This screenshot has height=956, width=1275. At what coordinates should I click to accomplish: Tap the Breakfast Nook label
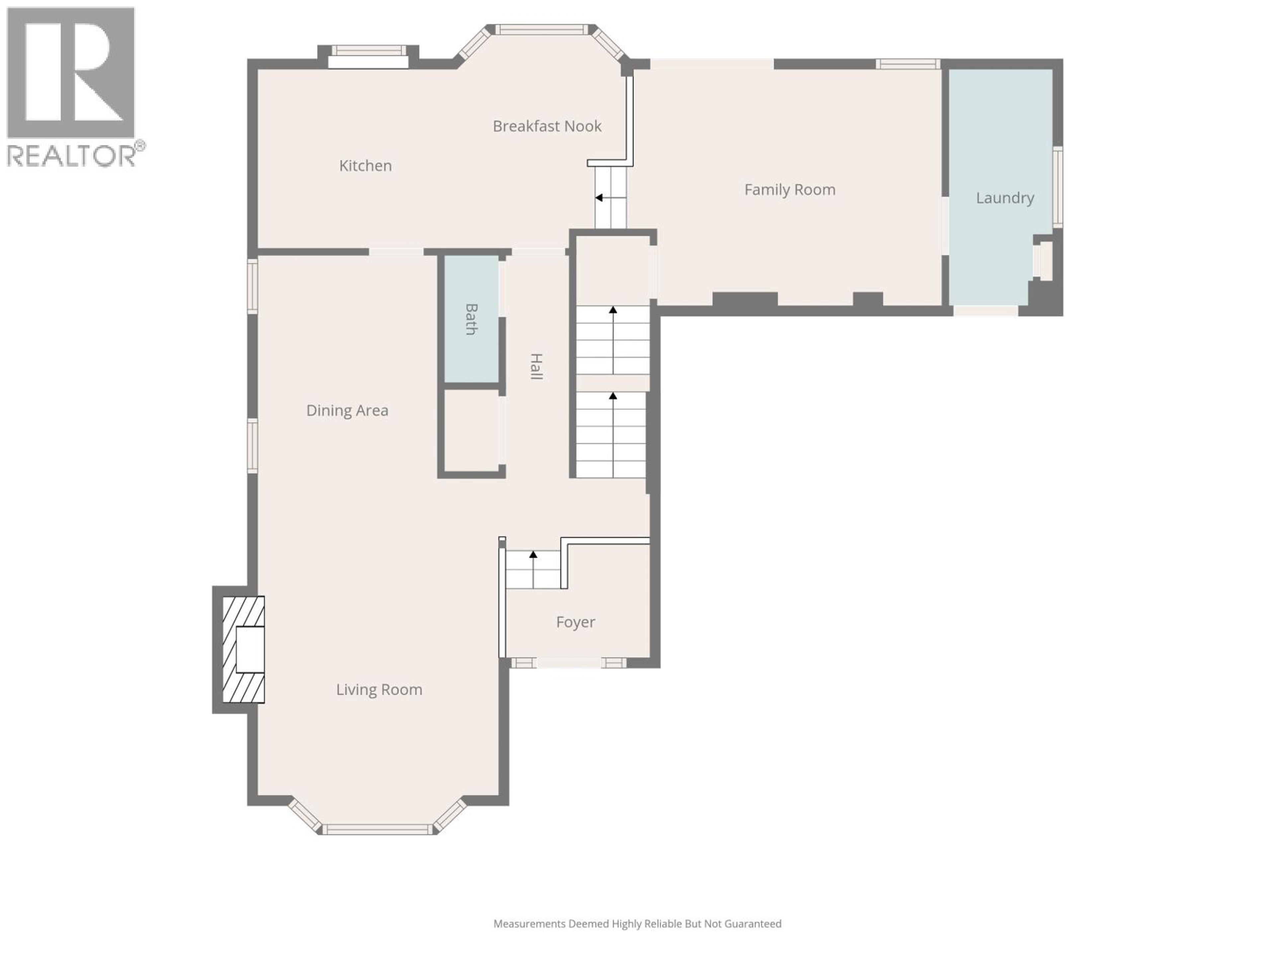(547, 126)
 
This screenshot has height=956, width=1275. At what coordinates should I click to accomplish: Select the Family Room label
(789, 190)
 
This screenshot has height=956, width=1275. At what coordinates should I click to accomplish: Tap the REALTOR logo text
(71, 156)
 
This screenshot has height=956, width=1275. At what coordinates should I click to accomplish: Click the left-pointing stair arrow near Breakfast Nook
(599, 198)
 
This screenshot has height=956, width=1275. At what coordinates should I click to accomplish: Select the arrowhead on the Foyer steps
(533, 554)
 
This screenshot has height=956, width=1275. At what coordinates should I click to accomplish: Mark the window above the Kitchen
(368, 51)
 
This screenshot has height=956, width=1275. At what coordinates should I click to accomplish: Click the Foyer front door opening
(568, 663)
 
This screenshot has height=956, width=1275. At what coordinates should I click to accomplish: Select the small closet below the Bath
(470, 431)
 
